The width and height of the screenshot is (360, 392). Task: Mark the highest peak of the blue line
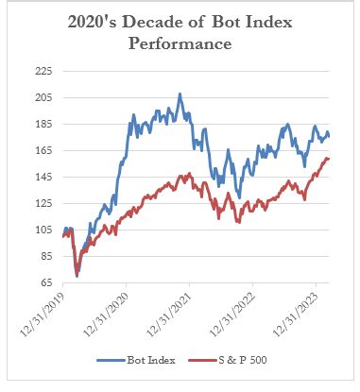180,94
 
